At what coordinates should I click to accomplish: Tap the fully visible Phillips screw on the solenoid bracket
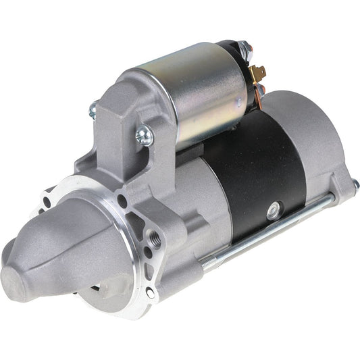point(144,136)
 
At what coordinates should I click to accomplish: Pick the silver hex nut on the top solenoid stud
point(245,49)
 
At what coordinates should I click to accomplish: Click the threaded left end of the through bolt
point(211,259)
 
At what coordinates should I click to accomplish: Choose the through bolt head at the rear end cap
point(355,184)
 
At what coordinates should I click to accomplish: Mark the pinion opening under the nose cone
point(111,287)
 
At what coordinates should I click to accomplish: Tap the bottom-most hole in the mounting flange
point(150,292)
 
